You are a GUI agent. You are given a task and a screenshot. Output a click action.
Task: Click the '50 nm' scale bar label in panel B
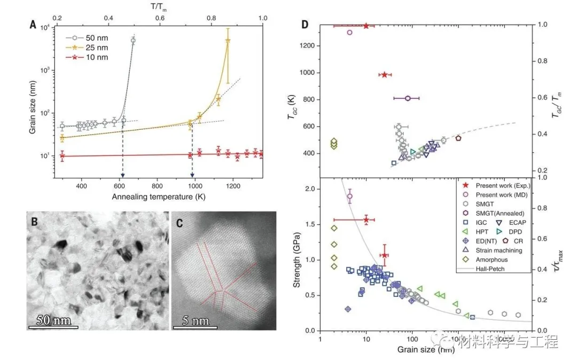53,321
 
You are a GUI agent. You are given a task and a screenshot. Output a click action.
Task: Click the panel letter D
305,25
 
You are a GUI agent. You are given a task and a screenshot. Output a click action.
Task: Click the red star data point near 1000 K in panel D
384,75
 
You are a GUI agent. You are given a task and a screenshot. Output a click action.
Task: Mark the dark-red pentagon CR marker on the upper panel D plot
458,138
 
